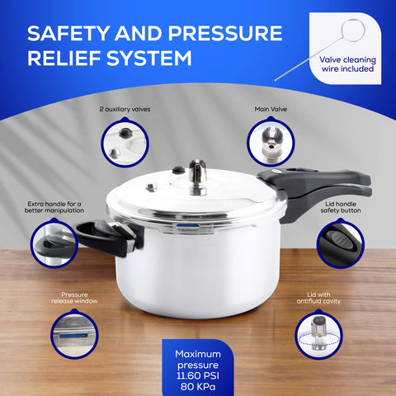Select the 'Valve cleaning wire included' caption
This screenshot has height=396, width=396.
tap(346, 64)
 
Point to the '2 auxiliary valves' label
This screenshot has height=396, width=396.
tap(125, 109)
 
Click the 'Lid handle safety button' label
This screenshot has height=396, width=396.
tap(342, 205)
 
